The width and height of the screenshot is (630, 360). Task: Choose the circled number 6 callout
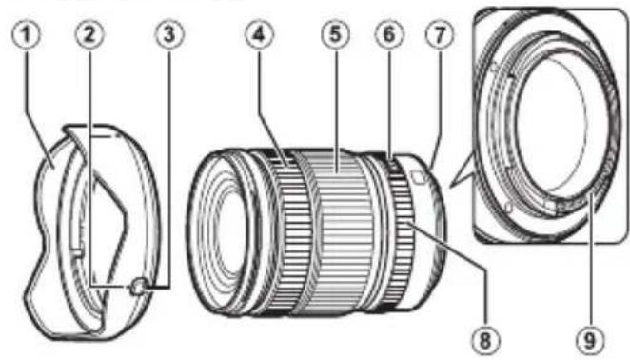click(x=388, y=34)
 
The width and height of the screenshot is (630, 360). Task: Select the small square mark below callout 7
click(x=417, y=174)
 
